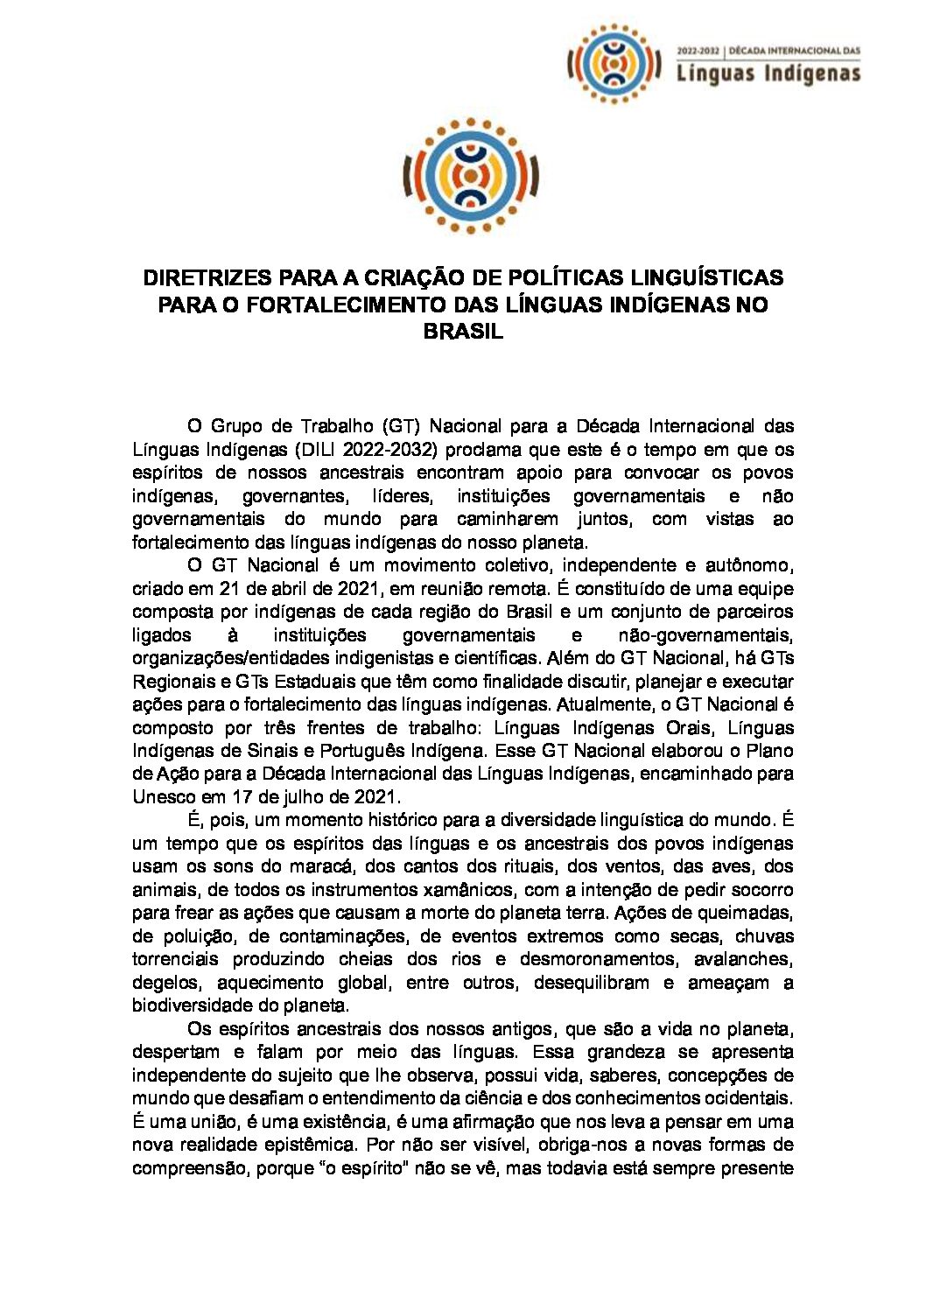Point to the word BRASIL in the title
coord(463,333)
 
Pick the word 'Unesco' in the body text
coord(162,796)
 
